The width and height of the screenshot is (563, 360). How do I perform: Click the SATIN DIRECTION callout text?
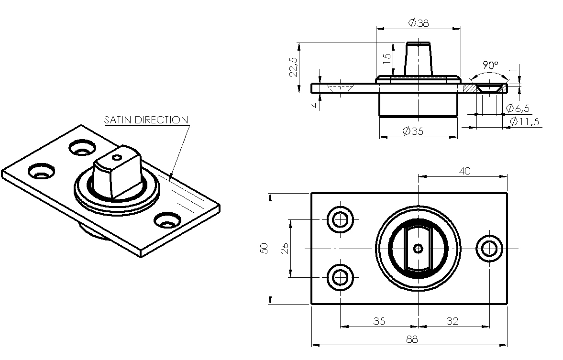pyautogui.click(x=146, y=120)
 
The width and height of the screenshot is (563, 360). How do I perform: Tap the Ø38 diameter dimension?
pyautogui.click(x=419, y=23)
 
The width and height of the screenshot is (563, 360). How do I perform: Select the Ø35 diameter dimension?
pyautogui.click(x=413, y=131)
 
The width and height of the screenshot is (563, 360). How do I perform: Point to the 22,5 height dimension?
pyautogui.click(x=293, y=67)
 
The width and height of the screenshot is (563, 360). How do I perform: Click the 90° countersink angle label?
pyautogui.click(x=490, y=65)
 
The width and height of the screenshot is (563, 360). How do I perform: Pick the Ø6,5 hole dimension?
pyautogui.click(x=518, y=108)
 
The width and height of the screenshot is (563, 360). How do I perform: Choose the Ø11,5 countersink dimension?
pyautogui.click(x=524, y=122)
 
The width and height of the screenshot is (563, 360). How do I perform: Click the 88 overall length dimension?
pyautogui.click(x=412, y=339)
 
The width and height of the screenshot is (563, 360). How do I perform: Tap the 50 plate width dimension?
pyautogui.click(x=264, y=249)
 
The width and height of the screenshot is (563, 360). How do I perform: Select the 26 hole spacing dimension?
pyautogui.click(x=285, y=249)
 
